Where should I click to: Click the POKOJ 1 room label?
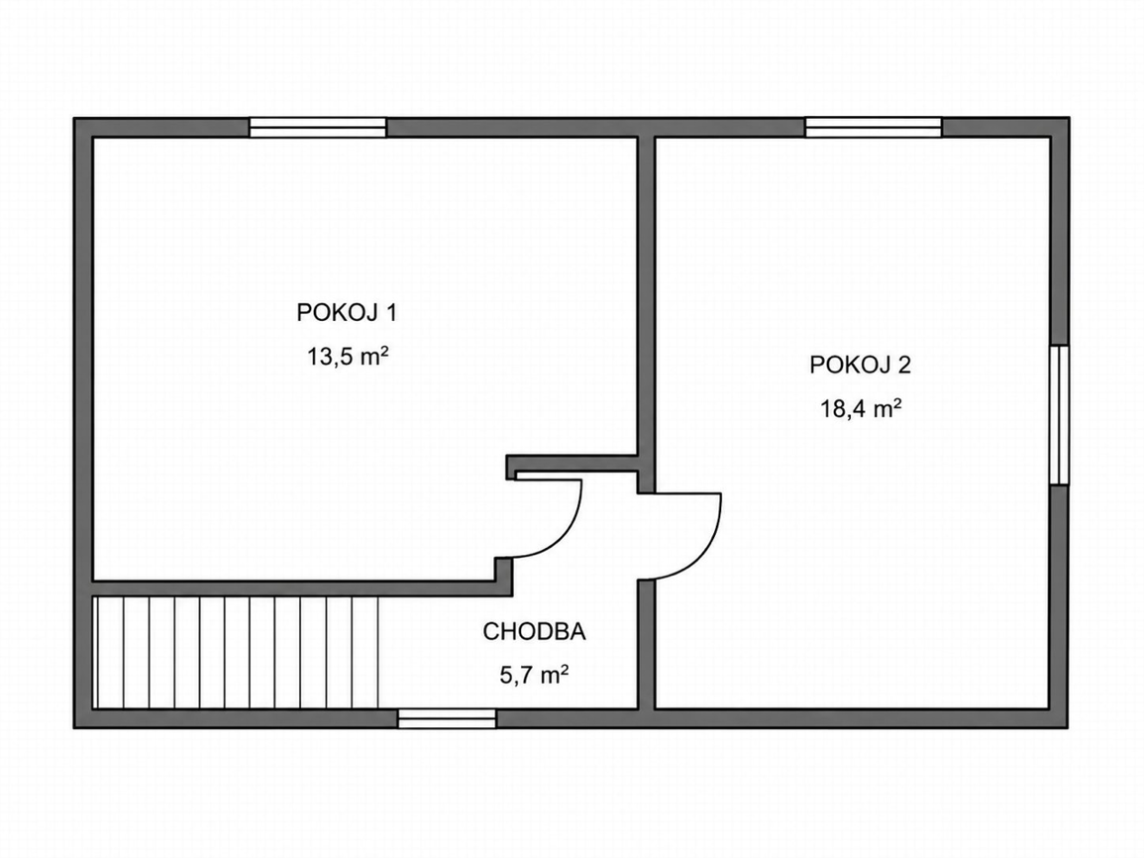pyautogui.click(x=347, y=312)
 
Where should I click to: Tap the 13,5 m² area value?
pyautogui.click(x=348, y=357)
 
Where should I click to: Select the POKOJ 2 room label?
pyautogui.click(x=860, y=364)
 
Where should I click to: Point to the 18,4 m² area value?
pyautogui.click(x=861, y=408)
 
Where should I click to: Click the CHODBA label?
pyautogui.click(x=534, y=631)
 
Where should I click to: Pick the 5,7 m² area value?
pyautogui.click(x=534, y=676)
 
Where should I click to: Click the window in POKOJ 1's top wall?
pyautogui.click(x=317, y=128)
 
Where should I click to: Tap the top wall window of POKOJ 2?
pyautogui.click(x=874, y=128)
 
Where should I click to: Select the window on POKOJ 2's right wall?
pyautogui.click(x=1060, y=414)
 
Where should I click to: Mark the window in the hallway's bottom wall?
pyautogui.click(x=447, y=718)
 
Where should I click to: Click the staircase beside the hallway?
pyautogui.click(x=236, y=652)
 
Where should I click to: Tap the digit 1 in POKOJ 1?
pyautogui.click(x=391, y=312)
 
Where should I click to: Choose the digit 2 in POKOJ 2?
pyautogui.click(x=904, y=364)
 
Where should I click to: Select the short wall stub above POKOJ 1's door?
pyautogui.click(x=572, y=464)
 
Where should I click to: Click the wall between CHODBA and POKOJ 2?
pyautogui.click(x=646, y=645)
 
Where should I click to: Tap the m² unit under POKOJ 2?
pyautogui.click(x=887, y=407)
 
